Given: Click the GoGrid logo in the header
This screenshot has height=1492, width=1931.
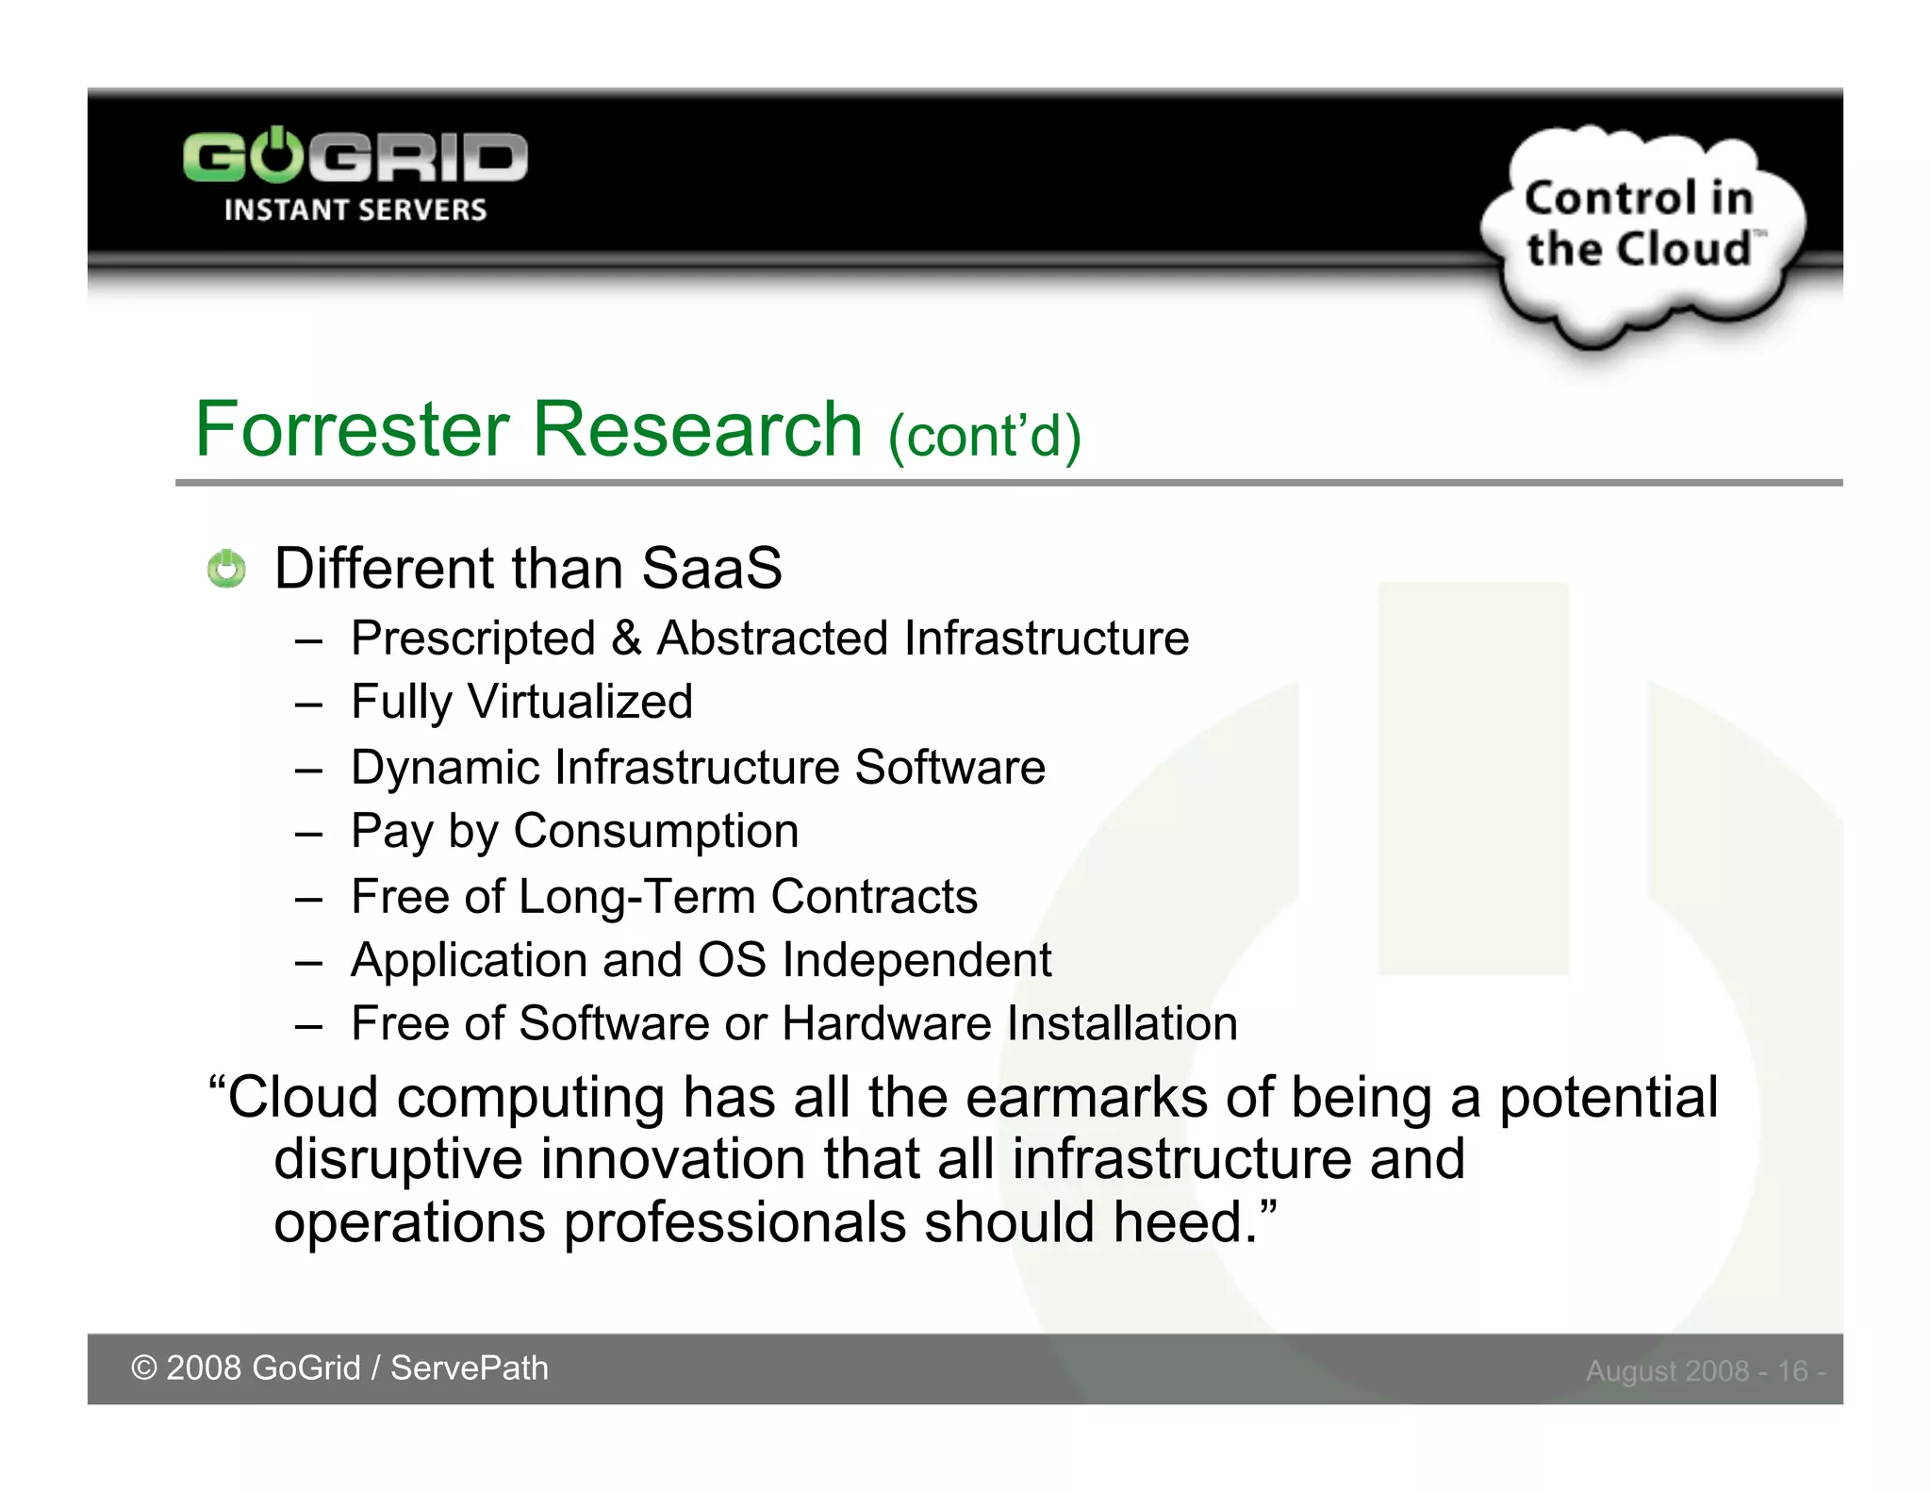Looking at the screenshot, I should point(355,157).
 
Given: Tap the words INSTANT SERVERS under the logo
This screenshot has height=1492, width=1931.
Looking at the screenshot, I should point(355,209).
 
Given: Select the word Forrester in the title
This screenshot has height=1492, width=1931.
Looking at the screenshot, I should point(352,429).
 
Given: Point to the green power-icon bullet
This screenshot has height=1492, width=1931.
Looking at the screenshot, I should point(226,569).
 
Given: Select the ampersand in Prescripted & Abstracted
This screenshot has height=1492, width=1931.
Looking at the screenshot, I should point(626,638).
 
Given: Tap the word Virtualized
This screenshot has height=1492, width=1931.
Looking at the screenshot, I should point(580,702).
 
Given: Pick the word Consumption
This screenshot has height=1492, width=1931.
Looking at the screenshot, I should point(655,832).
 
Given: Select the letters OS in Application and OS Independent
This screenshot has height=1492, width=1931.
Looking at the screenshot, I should point(731,960).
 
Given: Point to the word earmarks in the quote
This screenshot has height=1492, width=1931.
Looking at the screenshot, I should point(1086,1099).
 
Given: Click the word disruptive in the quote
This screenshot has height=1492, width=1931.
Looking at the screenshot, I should point(397,1159).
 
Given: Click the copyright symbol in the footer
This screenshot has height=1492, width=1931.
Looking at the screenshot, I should point(143,1368).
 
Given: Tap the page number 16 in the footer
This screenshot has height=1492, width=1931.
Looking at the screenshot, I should point(1791,1370).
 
